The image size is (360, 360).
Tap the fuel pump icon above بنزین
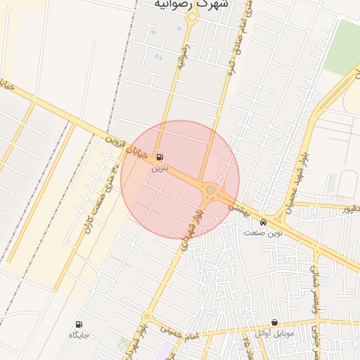tap(160, 157)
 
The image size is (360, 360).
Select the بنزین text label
tap(160, 169)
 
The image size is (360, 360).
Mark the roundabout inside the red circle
tap(210, 190)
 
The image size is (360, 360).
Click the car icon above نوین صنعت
tap(263, 222)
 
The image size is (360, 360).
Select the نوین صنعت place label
tap(263, 233)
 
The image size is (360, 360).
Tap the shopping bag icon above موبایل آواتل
tap(274, 322)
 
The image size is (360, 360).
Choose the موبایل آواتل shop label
tap(274, 333)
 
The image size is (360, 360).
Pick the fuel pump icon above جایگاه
tap(78, 324)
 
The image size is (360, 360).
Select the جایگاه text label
tap(78, 335)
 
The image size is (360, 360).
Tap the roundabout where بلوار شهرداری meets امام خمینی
tap(146, 318)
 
